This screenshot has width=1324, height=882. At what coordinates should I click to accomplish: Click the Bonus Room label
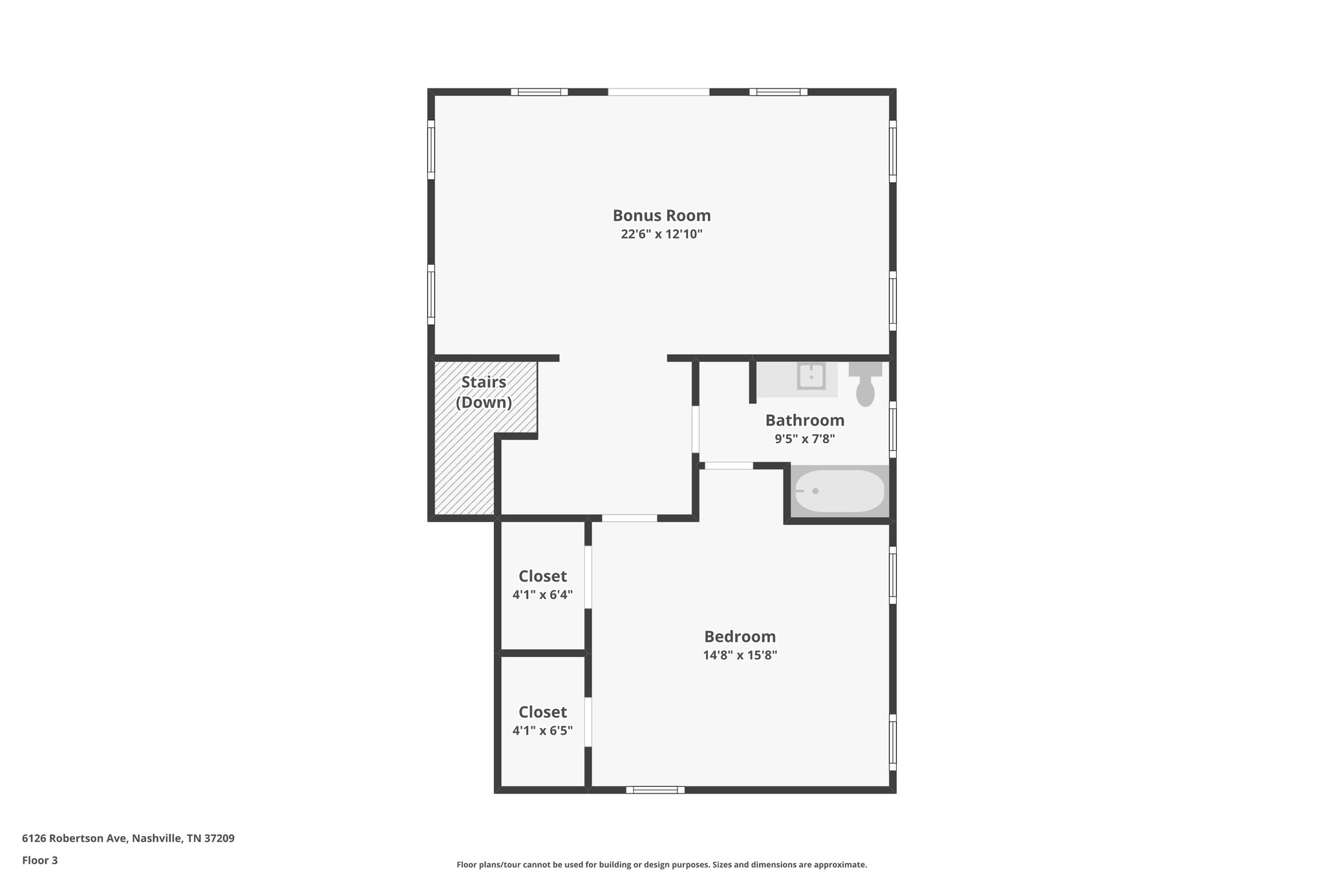661,215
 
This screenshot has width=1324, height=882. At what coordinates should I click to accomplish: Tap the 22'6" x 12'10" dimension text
661,234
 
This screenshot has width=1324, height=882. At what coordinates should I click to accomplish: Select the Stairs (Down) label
484,392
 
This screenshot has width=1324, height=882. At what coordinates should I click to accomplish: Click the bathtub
839,491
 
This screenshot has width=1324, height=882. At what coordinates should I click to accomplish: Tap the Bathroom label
805,420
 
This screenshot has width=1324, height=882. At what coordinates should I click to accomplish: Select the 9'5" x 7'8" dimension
805,439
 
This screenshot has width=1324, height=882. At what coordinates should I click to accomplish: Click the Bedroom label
740,636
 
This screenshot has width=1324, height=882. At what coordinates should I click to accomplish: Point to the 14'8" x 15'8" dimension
740,655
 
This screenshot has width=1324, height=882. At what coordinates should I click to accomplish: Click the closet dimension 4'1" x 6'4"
542,594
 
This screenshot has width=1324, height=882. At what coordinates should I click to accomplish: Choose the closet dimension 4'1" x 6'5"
542,731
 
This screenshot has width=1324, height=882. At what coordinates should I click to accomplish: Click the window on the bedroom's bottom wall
655,790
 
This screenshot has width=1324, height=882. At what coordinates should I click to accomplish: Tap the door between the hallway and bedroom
629,518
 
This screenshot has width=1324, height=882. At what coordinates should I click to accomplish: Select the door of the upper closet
588,577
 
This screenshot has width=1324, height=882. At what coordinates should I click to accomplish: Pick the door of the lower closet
588,722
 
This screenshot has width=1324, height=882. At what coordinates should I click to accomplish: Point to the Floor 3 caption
40,860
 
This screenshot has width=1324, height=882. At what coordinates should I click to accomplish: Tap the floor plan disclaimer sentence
661,865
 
